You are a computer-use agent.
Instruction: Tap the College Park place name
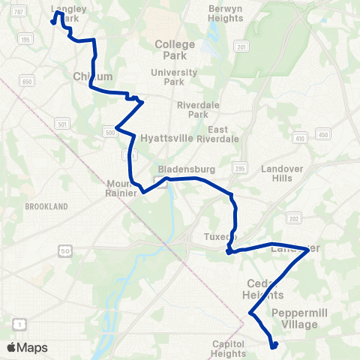[175, 49]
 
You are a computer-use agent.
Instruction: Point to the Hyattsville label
[166, 138]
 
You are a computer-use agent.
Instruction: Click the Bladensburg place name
[177, 169]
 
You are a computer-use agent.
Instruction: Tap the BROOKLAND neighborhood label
[46, 206]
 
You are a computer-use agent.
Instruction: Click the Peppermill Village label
[295, 318]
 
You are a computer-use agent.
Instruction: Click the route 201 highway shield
[241, 46]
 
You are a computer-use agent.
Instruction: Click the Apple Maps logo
[27, 347]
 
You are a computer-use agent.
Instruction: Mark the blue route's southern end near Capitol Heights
[274, 346]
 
